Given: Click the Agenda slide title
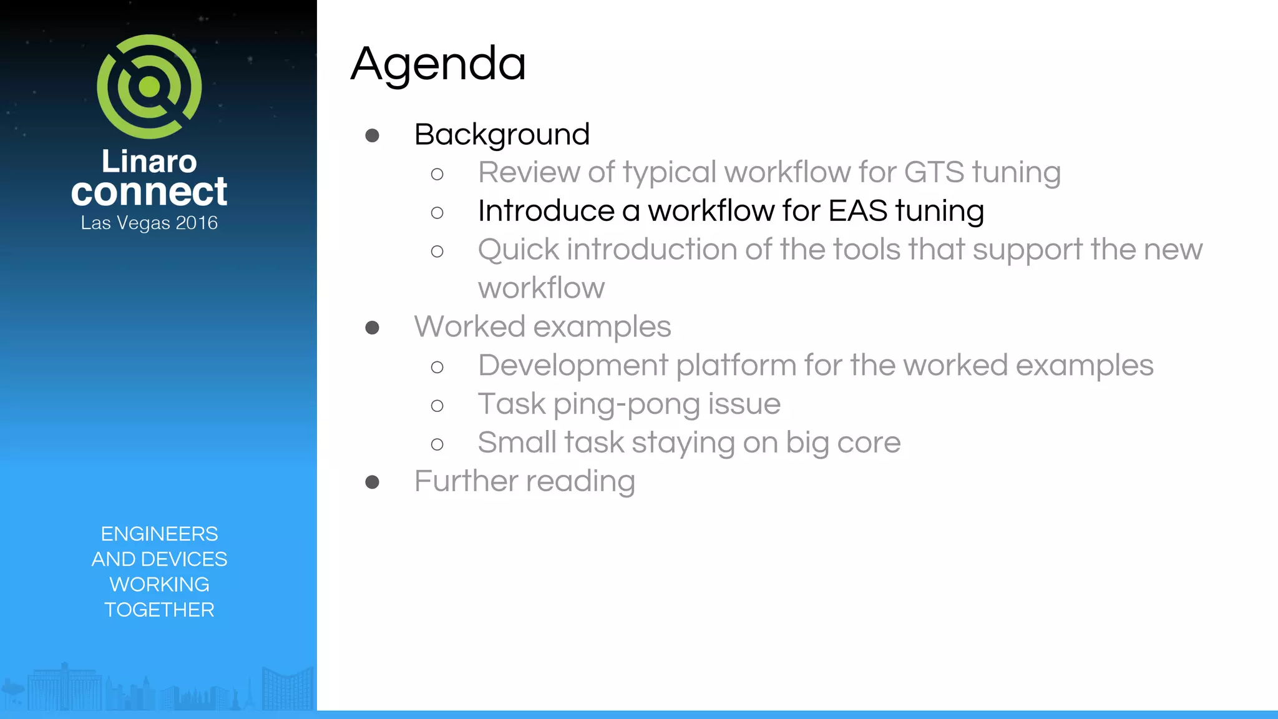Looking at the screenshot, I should pyautogui.click(x=438, y=64).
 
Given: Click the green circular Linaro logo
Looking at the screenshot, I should pyautogui.click(x=149, y=87).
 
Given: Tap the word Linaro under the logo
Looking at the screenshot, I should pyautogui.click(x=149, y=161).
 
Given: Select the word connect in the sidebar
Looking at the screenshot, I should pyautogui.click(x=149, y=192).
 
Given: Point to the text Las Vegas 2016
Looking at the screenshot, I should pyautogui.click(x=149, y=223).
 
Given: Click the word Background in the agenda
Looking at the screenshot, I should pyautogui.click(x=502, y=134).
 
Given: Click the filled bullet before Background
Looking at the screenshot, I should pyautogui.click(x=373, y=135).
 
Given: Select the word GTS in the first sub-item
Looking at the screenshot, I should pyautogui.click(x=934, y=172).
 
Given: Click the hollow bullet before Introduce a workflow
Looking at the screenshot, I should pyautogui.click(x=437, y=213).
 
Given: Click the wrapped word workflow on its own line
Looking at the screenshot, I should pyautogui.click(x=541, y=288).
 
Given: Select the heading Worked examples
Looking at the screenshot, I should pyautogui.click(x=542, y=326).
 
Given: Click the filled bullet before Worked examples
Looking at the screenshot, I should pyautogui.click(x=373, y=328).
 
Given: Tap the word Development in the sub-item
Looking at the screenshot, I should pyautogui.click(x=573, y=365).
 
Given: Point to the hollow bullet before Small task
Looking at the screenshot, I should pyautogui.click(x=437, y=444).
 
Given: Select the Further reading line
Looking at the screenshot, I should pyautogui.click(x=524, y=481).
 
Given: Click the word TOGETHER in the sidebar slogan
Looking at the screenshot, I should pyautogui.click(x=159, y=610).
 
